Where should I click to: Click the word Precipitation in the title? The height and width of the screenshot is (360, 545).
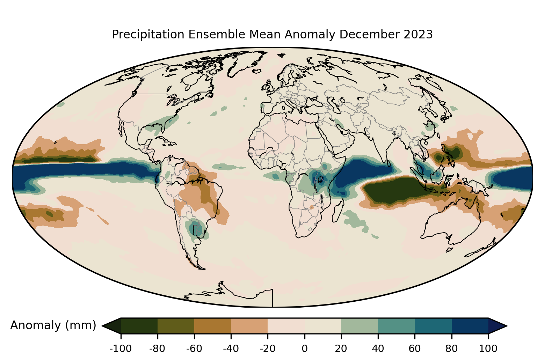[x=148, y=35]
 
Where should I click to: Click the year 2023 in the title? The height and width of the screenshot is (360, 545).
[x=418, y=34]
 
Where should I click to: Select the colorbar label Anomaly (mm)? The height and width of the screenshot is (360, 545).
[x=53, y=325]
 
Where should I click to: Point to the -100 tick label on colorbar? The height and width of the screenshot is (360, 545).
[x=121, y=349]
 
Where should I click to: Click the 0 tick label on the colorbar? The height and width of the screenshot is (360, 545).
[x=304, y=349]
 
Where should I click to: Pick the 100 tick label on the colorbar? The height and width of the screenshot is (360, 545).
[x=488, y=349]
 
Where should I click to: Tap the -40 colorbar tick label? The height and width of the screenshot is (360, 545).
[x=231, y=349]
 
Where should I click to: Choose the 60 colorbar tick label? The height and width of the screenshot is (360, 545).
[x=415, y=349]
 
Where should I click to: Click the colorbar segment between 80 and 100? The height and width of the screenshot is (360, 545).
[x=470, y=326]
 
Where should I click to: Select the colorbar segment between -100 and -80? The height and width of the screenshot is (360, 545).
[x=139, y=326]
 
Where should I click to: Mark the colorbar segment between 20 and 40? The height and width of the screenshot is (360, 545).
[x=359, y=326]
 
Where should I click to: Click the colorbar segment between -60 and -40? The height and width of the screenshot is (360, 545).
[x=213, y=326]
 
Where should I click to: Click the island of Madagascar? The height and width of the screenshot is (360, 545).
[x=338, y=211]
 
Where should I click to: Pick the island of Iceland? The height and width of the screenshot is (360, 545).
[x=257, y=71]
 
